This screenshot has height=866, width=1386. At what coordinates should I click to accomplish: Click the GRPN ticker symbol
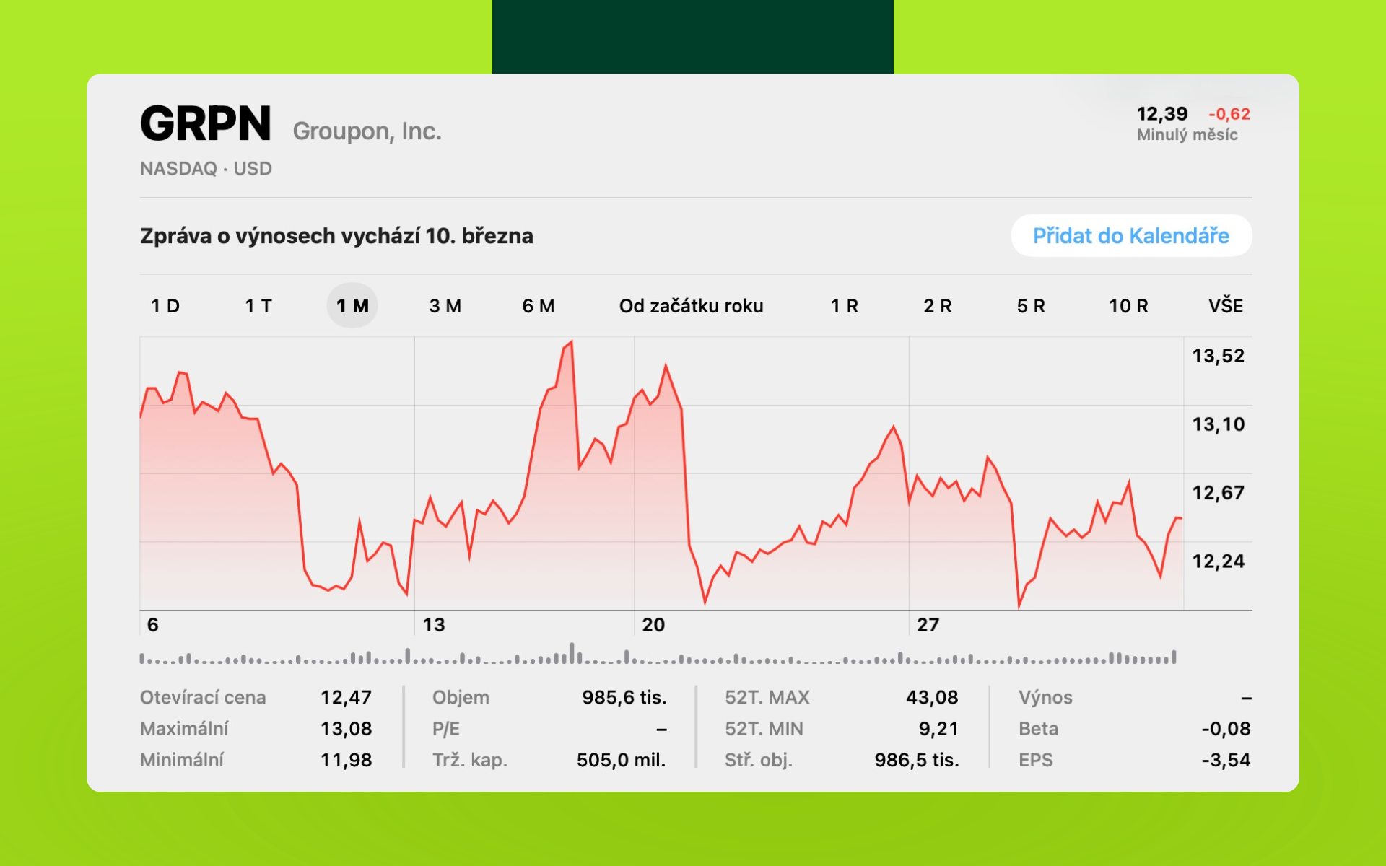tap(206, 123)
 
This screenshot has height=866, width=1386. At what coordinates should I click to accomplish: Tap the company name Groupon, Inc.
tap(367, 131)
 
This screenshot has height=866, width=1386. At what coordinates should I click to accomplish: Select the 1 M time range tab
tap(352, 306)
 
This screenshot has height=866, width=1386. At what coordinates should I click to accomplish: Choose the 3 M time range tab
tap(445, 306)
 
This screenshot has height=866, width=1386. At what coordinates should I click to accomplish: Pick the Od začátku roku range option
tap(691, 306)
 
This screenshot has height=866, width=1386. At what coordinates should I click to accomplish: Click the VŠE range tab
tap(1225, 306)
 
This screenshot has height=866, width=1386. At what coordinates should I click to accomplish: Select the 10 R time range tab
tap(1128, 306)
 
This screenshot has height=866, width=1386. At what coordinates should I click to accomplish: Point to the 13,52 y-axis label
tap(1218, 356)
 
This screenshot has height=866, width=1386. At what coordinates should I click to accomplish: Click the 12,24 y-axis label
tap(1218, 561)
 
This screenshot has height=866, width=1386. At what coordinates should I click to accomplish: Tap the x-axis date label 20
tap(653, 625)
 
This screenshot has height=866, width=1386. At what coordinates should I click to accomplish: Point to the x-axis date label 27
tap(928, 625)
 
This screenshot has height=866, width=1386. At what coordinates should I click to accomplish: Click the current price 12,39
tap(1161, 114)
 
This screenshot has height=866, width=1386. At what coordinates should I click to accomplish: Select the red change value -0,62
tap(1229, 114)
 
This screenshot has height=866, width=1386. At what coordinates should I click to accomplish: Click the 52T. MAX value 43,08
tap(932, 697)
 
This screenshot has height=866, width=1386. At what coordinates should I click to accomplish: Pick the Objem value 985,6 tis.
tap(624, 697)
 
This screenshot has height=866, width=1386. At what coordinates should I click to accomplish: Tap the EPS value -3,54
tap(1226, 760)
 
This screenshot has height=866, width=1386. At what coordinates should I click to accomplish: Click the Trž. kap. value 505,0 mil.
tap(621, 760)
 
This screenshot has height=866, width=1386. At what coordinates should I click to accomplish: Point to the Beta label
tap(1038, 729)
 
